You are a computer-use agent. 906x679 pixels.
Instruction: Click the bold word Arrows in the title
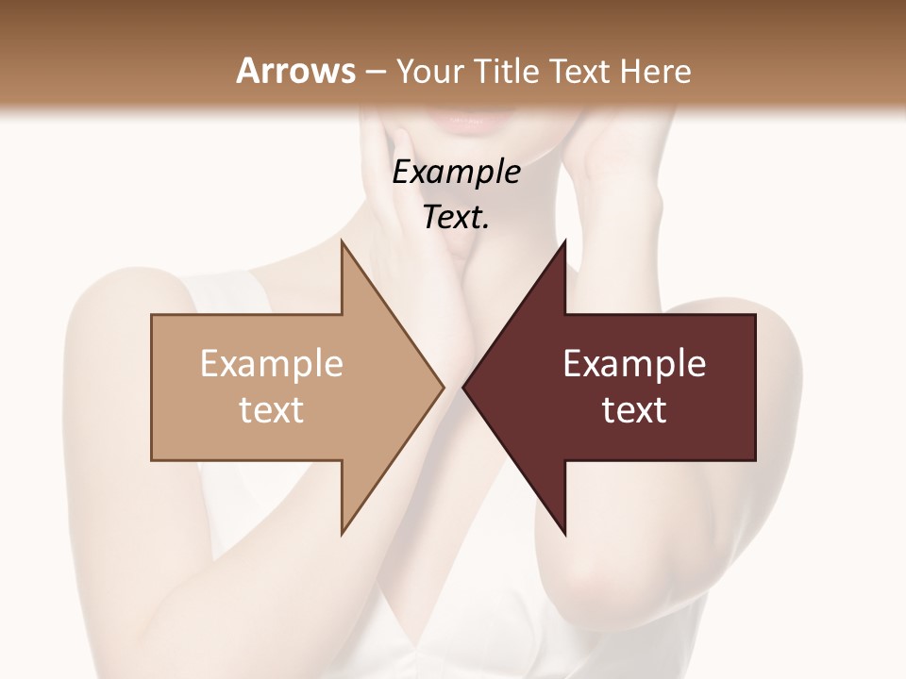[x=295, y=71]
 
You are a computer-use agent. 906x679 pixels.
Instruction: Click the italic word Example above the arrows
[x=457, y=172]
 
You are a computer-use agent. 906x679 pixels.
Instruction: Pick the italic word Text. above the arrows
[x=457, y=217]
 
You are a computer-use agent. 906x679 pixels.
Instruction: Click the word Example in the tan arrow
[x=271, y=363]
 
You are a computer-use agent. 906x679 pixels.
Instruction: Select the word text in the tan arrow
[x=271, y=409]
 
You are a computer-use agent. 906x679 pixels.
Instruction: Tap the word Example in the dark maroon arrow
[x=634, y=363]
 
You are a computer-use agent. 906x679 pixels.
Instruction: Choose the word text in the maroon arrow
[x=634, y=409]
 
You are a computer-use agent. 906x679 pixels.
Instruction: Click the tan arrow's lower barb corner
[x=343, y=532]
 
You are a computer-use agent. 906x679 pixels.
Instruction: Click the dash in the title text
[x=373, y=72]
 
